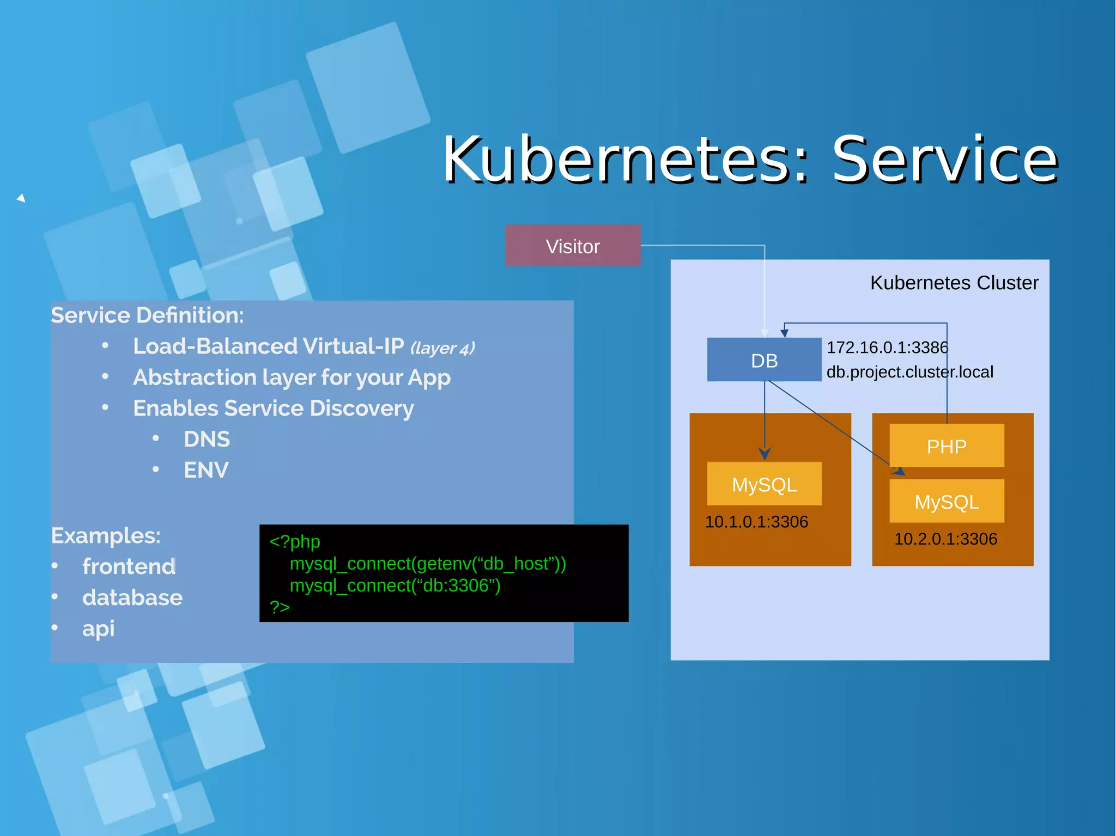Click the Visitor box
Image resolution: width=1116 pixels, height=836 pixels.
pos(572,246)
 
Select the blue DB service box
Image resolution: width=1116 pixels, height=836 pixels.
pos(763,360)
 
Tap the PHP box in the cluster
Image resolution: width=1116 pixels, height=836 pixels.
pos(947,446)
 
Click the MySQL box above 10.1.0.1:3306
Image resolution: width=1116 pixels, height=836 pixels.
pos(764,484)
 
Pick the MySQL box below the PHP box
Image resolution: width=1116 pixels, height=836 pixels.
pos(947,502)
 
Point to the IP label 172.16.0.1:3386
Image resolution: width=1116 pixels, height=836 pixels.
pos(887,347)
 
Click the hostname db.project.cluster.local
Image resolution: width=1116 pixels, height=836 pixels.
pos(909,372)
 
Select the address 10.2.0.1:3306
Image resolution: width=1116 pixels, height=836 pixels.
pos(945,539)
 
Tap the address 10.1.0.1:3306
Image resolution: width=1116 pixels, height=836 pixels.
pos(756,522)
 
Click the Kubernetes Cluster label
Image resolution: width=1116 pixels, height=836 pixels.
pos(954,283)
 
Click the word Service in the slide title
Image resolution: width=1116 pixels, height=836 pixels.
pos(944,159)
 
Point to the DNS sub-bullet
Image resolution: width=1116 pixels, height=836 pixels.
pos(207,439)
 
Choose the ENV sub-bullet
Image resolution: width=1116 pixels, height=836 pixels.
pos(206,470)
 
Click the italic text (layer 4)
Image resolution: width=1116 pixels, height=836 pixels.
pos(442,348)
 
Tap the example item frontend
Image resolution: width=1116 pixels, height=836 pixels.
pos(129,566)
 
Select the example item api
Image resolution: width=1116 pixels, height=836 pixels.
pos(98,628)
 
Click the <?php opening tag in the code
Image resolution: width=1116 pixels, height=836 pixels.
pos(295,541)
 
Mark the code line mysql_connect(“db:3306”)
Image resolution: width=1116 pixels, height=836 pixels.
pos(395,585)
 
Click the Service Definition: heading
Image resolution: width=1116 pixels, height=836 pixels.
pos(147,315)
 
